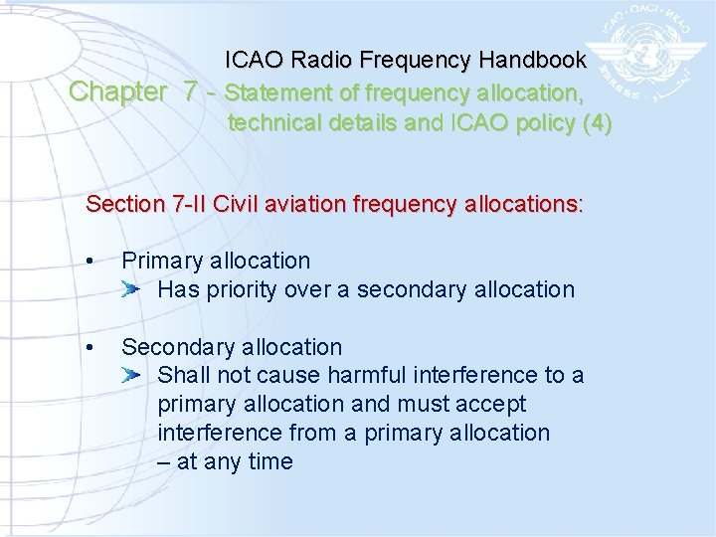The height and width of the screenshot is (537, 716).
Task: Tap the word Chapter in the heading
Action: tap(118, 92)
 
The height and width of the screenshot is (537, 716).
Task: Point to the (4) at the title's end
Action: tap(599, 124)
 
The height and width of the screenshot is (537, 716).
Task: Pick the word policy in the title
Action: tap(545, 124)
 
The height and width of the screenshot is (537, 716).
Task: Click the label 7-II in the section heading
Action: tap(188, 205)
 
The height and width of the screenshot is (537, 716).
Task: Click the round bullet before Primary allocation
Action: tap(90, 263)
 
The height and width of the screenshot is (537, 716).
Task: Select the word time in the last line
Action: tap(268, 462)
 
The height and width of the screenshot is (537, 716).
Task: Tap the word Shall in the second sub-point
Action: tap(183, 376)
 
